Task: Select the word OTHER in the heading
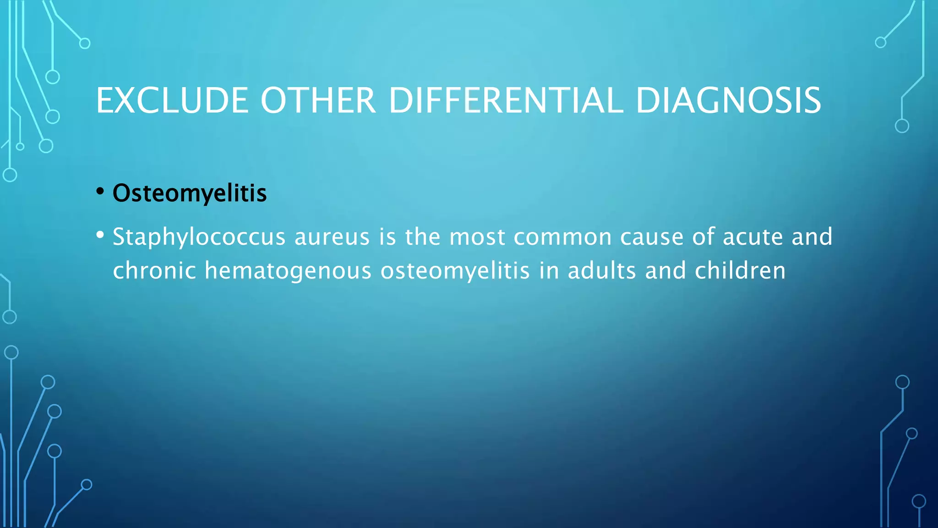318,101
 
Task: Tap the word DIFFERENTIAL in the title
506,101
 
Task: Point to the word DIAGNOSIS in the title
728,101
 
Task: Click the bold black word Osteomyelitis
190,193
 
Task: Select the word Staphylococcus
199,237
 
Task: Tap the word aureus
332,237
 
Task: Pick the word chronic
154,270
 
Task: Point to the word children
740,270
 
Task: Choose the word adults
602,270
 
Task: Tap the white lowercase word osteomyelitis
455,270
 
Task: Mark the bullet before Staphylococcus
100,235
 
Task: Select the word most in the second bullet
477,237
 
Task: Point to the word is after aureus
387,237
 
